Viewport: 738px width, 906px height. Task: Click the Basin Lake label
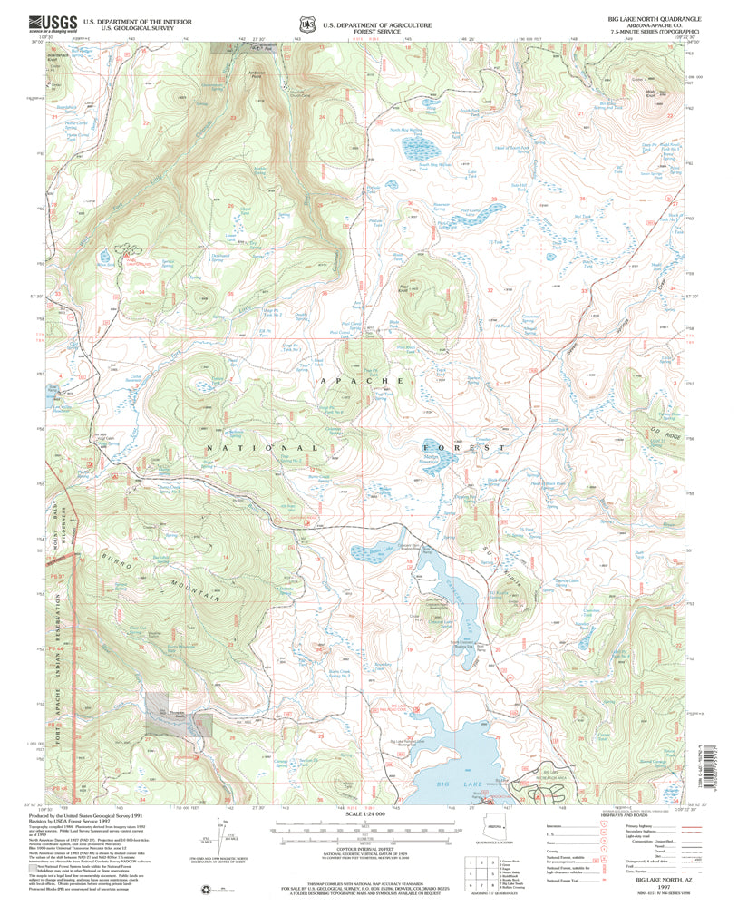[362, 549]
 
